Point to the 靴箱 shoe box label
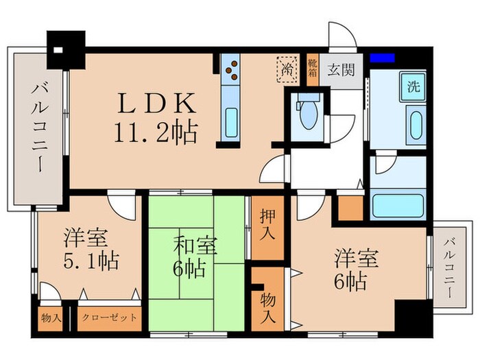pos(312,69)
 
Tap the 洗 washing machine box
pos(413,88)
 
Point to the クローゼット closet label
pos(109,318)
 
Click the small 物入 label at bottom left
pos(51,318)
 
